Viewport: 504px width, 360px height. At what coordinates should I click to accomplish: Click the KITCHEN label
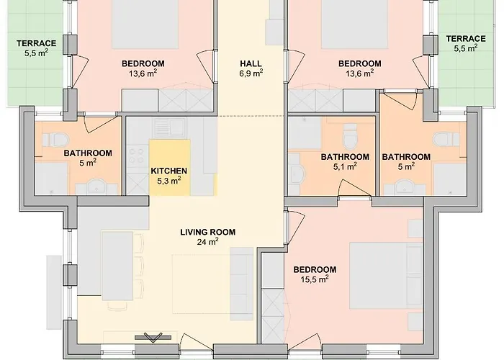(x=168, y=171)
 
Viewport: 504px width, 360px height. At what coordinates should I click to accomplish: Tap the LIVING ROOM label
(x=207, y=232)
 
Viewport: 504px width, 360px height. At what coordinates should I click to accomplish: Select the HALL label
(x=251, y=63)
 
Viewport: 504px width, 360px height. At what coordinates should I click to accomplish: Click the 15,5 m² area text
(x=315, y=279)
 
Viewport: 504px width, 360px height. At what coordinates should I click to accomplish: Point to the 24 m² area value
(x=207, y=242)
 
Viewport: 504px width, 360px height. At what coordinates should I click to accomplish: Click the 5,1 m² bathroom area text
(x=345, y=166)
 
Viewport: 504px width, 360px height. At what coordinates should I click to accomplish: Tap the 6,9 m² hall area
(x=251, y=73)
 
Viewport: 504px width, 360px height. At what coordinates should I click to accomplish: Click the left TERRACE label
(x=36, y=43)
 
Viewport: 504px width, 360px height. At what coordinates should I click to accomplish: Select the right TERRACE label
(x=466, y=39)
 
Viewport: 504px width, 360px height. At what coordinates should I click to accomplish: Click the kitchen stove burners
(x=137, y=156)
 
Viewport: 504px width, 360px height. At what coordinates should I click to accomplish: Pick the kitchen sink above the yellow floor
(x=169, y=127)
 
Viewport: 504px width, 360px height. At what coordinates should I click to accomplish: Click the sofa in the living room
(x=242, y=284)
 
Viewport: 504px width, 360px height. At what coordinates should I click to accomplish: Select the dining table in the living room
(x=117, y=266)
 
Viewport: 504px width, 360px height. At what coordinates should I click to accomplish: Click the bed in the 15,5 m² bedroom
(x=386, y=276)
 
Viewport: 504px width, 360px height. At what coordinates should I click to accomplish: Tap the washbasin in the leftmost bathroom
(x=95, y=186)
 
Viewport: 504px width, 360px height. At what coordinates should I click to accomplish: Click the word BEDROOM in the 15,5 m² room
(x=315, y=269)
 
